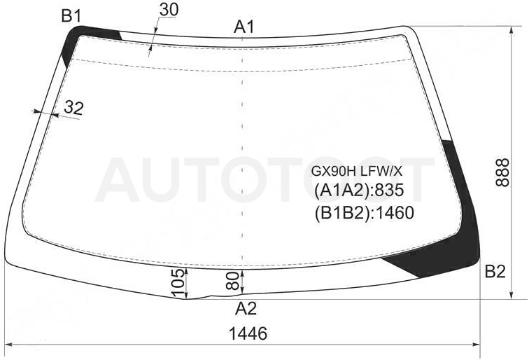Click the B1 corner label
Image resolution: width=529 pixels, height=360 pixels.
[x=71, y=16]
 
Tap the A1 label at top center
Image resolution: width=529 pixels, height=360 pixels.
[x=244, y=27]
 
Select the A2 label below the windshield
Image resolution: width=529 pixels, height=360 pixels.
[x=246, y=308]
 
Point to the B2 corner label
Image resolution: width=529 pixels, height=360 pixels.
[x=495, y=271]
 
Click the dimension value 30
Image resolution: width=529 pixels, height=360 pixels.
[x=169, y=10]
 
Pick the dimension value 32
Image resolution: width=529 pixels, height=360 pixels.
[x=73, y=108]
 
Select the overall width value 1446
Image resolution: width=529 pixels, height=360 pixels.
[x=248, y=333]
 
